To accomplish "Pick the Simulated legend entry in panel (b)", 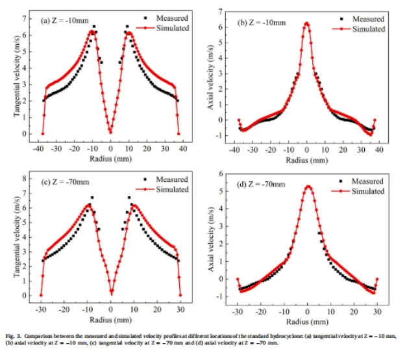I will coord(368,29).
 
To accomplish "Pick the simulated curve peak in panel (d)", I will coord(308,186).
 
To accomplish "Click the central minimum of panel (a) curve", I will coord(111,133).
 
